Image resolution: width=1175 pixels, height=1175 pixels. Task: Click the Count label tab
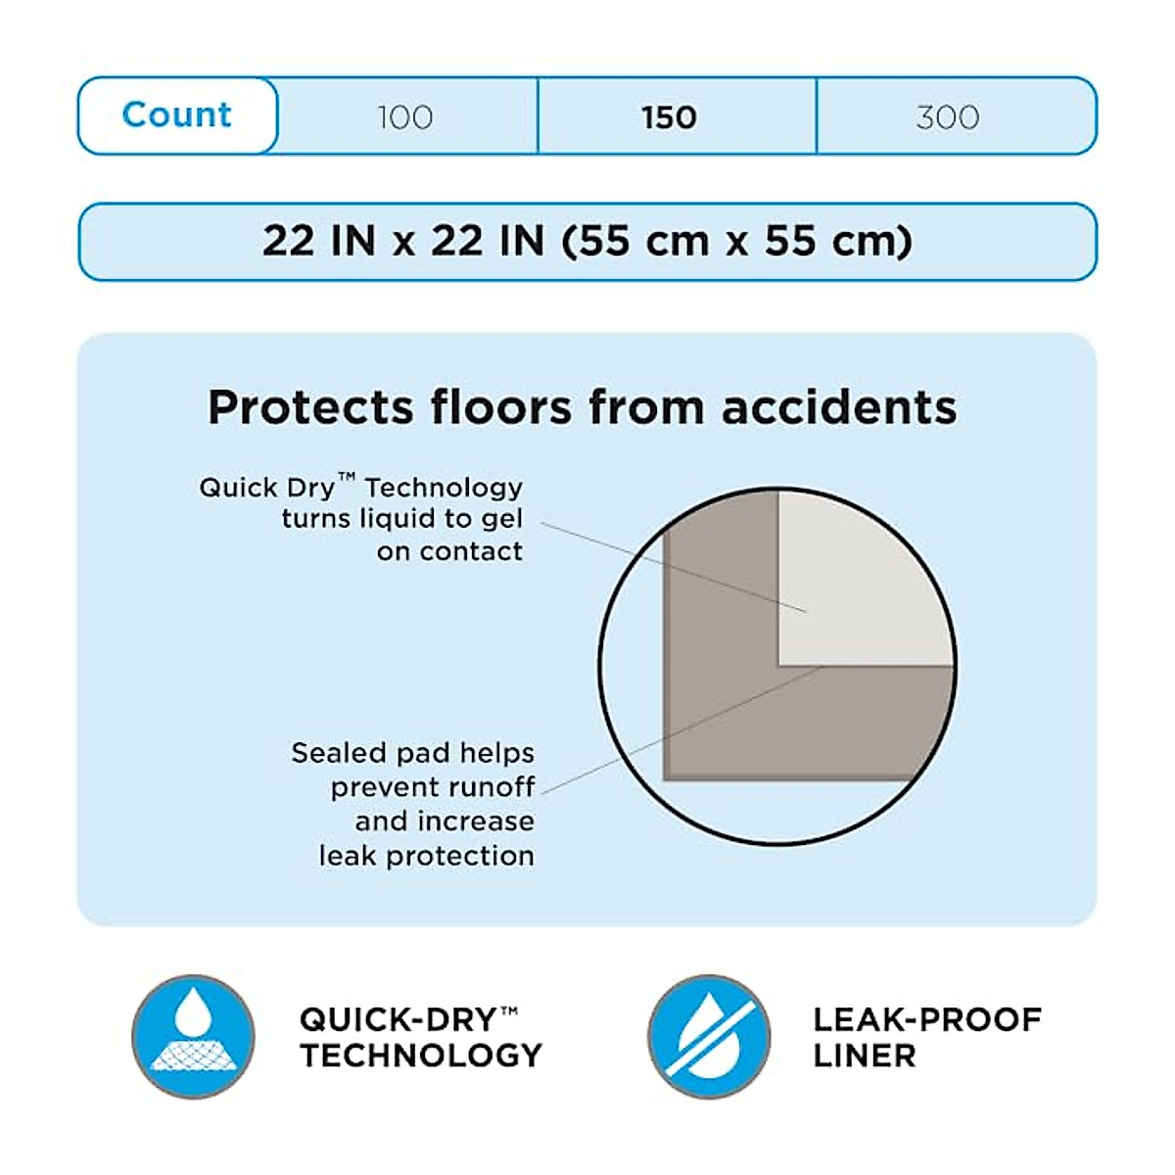tap(177, 116)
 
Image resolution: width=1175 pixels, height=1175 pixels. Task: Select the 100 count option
tap(405, 117)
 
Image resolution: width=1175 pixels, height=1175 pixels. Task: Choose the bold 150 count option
tap(670, 117)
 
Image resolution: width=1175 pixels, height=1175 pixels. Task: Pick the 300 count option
tap(948, 117)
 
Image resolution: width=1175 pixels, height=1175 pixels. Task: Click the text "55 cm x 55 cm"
tap(738, 241)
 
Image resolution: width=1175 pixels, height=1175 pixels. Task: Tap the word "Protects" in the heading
tap(310, 407)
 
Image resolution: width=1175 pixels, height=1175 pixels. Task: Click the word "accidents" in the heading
tap(839, 407)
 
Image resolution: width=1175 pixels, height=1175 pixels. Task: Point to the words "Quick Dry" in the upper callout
tap(266, 488)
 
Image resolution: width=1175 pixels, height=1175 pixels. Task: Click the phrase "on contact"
tap(449, 552)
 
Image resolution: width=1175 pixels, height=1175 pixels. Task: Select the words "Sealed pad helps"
tap(412, 753)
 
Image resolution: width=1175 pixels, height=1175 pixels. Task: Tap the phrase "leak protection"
tap(426, 856)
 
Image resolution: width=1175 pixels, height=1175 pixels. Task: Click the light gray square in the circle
tap(862, 578)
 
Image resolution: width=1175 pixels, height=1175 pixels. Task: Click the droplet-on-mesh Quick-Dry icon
tap(193, 1036)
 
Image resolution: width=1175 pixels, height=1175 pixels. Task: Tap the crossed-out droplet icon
tap(709, 1036)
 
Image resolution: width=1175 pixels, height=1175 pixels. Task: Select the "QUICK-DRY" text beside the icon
tap(399, 1019)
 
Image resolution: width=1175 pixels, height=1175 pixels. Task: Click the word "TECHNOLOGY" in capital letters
tap(421, 1056)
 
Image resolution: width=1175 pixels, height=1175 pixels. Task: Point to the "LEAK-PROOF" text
tap(927, 1019)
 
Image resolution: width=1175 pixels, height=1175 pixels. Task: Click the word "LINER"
tap(865, 1056)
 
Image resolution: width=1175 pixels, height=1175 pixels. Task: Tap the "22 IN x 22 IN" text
tap(402, 241)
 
